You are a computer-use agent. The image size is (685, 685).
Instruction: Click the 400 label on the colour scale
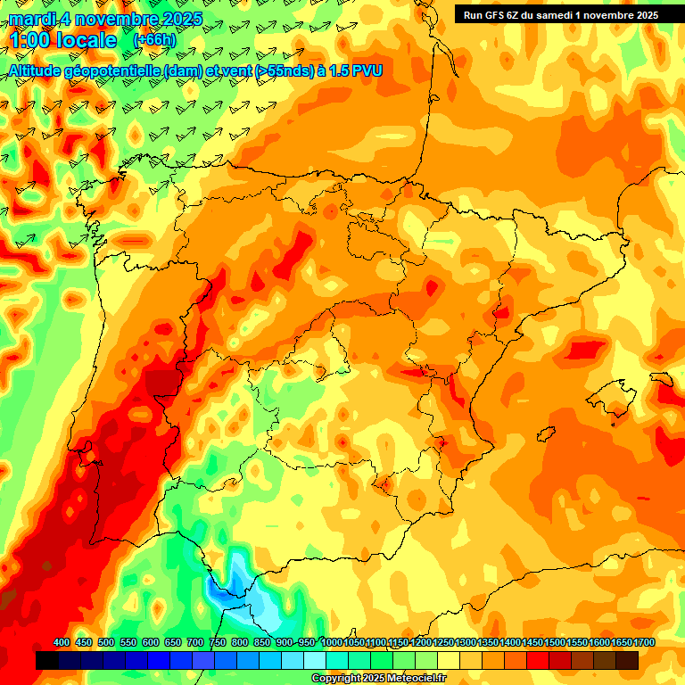[x=62, y=643]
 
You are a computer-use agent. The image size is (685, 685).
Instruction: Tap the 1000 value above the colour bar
[x=332, y=643]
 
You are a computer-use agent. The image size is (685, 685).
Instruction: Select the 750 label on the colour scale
[x=218, y=643]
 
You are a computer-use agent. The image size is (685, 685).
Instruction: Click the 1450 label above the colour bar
[x=532, y=643]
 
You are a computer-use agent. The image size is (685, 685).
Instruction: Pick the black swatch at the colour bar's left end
[x=47, y=660]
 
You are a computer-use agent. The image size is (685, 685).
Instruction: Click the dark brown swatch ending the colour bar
[x=627, y=660]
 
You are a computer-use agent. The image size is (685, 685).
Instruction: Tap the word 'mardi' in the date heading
[x=31, y=19]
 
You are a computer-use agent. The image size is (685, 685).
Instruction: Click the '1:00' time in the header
[x=29, y=41]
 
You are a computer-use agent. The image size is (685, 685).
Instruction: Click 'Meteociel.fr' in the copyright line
[x=414, y=679]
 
